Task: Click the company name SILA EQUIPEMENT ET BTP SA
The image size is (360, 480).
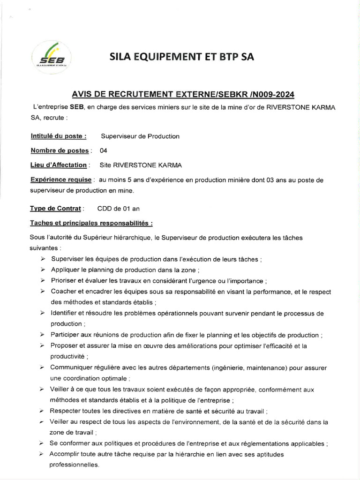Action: click(182, 57)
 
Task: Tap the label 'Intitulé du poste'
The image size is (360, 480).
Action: click(58, 136)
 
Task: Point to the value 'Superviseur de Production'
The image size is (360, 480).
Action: click(140, 136)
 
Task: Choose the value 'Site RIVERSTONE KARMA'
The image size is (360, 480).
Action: click(141, 165)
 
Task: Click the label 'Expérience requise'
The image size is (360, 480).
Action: click(61, 180)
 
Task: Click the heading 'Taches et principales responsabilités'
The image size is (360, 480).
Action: click(91, 223)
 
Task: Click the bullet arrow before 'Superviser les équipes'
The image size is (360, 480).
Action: click(43, 259)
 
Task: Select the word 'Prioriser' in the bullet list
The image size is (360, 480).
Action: click(65, 281)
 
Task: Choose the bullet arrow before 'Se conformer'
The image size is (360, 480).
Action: click(43, 443)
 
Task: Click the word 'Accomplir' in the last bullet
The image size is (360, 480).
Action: click(66, 454)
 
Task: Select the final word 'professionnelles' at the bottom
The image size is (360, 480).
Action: click(74, 465)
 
